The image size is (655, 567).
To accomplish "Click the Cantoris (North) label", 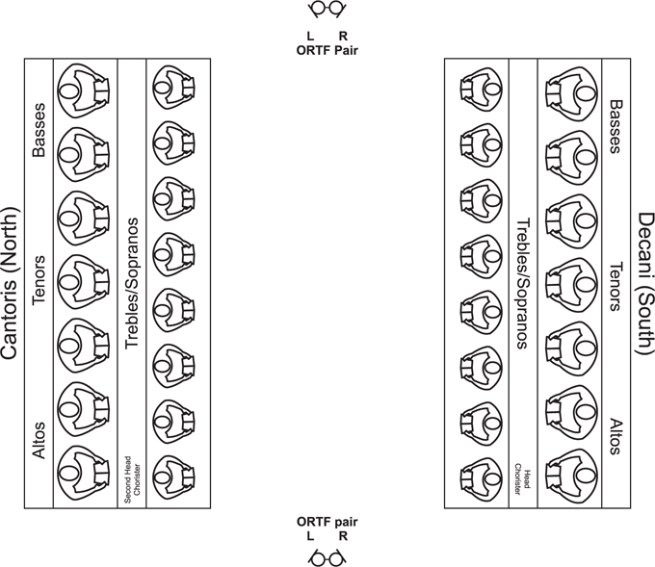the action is pos(10,283).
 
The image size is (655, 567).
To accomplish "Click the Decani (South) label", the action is pos(645,284).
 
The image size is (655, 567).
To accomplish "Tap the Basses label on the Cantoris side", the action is pos(39,130).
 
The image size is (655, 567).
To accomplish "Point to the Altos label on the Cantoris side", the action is pos(39,441).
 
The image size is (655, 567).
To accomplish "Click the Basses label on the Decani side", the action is pos(614,126).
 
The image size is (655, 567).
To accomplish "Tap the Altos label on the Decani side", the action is pos(614,436).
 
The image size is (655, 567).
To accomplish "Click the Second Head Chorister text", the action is pos(132,478).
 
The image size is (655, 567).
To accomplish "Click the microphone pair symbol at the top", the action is pos(327,10).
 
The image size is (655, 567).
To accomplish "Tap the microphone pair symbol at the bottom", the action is pos(327,557).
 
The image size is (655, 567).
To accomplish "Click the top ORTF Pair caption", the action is pos(327,43).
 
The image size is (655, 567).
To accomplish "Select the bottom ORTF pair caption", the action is pos(327,528).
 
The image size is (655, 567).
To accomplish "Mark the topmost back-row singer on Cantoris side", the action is pos(83,90).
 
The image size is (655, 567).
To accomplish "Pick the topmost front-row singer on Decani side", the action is pos(482,89).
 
